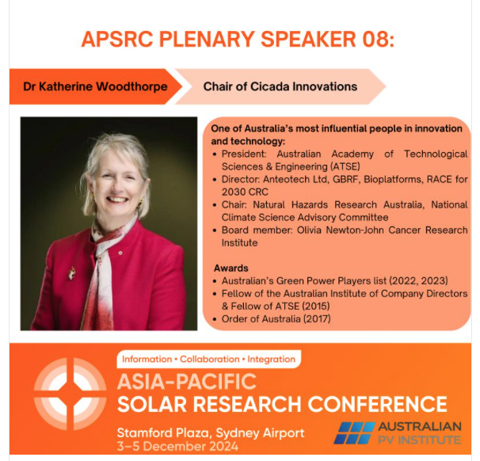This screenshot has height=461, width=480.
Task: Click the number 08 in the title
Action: pyautogui.click(x=375, y=39)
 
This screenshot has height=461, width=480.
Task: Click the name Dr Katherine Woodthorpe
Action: pyautogui.click(x=95, y=86)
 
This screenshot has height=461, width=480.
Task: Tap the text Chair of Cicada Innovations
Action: pyautogui.click(x=280, y=86)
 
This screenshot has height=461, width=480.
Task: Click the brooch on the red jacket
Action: pyautogui.click(x=72, y=272)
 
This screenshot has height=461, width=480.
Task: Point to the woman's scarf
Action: pyautogui.click(x=102, y=272)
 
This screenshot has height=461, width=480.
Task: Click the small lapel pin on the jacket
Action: pyautogui.click(x=120, y=253)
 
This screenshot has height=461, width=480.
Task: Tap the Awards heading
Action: pyautogui.click(x=231, y=269)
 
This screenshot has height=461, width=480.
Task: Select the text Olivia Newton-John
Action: pyautogui.click(x=341, y=230)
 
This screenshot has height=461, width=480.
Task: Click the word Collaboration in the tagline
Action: pyautogui.click(x=210, y=359)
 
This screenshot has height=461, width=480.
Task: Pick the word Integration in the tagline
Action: pyautogui.click(x=271, y=359)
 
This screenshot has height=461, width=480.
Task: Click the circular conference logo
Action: pyautogui.click(x=70, y=394)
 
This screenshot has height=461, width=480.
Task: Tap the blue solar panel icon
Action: pyautogui.click(x=354, y=432)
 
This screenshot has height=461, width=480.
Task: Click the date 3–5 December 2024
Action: pyautogui.click(x=177, y=446)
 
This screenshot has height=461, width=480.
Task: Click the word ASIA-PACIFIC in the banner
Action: pyautogui.click(x=187, y=382)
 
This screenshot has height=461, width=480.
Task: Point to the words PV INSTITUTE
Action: pyautogui.click(x=419, y=440)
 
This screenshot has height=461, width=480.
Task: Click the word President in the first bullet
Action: pyautogui.click(x=244, y=154)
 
